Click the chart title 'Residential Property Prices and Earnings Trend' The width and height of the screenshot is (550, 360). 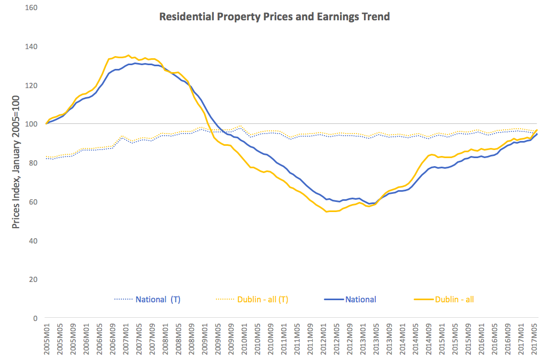[x=275, y=17]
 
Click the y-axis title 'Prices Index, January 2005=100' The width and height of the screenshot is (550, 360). [x=16, y=162]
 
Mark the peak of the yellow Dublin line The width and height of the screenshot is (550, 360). [x=128, y=55]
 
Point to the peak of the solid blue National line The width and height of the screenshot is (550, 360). [x=136, y=63]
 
